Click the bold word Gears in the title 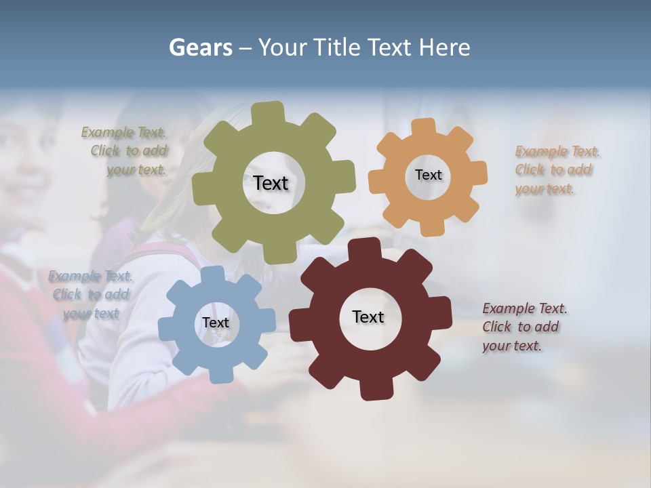click(x=200, y=47)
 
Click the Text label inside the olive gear click(x=271, y=183)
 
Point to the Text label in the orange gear click(x=428, y=175)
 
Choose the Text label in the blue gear click(x=215, y=323)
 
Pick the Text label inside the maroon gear click(x=368, y=317)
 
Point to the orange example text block click(x=557, y=170)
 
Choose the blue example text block click(x=91, y=294)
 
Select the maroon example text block click(x=524, y=327)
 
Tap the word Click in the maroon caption click(x=496, y=327)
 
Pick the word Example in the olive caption click(x=107, y=133)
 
